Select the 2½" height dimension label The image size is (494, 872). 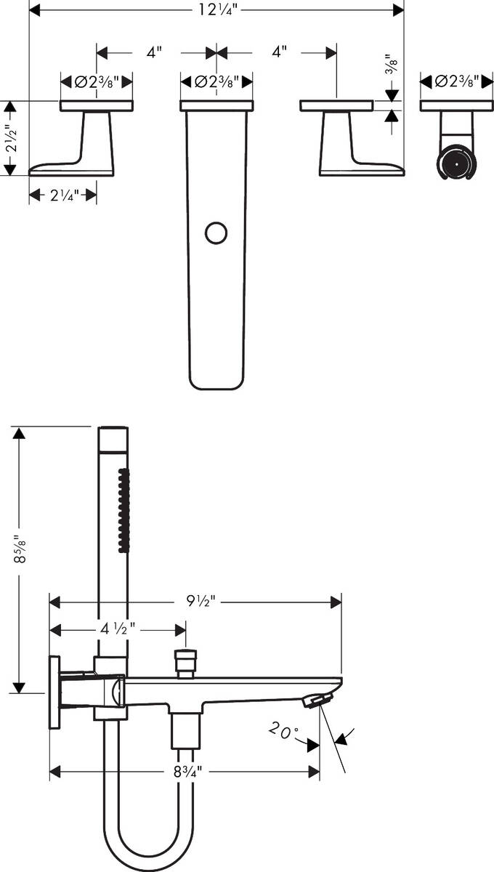coord(10,138)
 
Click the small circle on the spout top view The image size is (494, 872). coord(216,233)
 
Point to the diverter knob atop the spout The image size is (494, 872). coord(186,662)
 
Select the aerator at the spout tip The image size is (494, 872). coord(317,699)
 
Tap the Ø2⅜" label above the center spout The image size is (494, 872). coord(216,81)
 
